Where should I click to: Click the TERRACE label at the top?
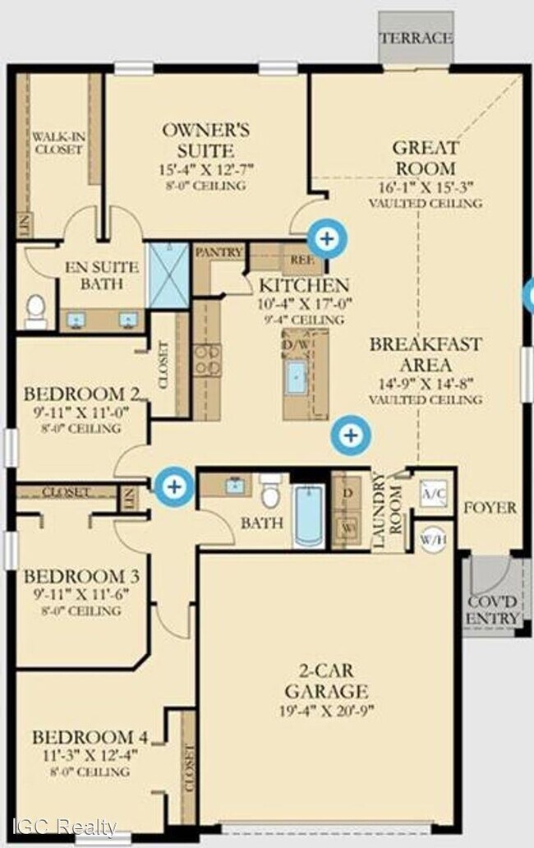(x=415, y=38)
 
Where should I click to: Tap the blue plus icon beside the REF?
(x=327, y=239)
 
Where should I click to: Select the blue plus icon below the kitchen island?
(x=351, y=435)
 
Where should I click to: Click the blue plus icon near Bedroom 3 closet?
(x=174, y=486)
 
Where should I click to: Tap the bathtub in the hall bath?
(x=310, y=515)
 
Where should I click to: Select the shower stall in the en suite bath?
(x=168, y=275)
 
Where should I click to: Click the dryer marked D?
(x=347, y=491)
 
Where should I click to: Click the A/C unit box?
(x=433, y=493)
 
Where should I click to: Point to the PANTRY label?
(x=219, y=252)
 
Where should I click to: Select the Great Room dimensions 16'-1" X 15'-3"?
(x=425, y=187)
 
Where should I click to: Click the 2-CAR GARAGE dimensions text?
(x=326, y=711)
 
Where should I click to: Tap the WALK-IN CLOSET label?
(x=58, y=143)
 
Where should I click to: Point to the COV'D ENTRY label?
(x=493, y=610)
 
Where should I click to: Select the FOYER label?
(x=490, y=507)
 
